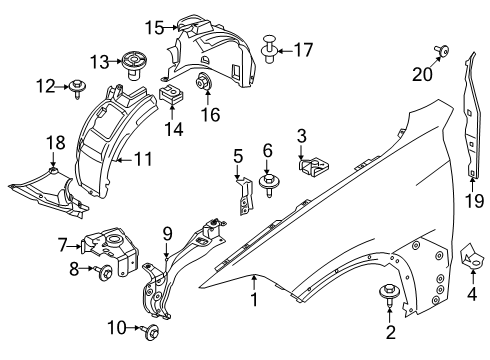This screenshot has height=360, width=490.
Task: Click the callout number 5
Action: (x=238, y=156)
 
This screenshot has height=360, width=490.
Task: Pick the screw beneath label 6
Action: (x=269, y=183)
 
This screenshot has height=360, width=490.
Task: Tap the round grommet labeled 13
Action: (x=131, y=63)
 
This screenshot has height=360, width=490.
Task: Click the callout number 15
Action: (x=153, y=26)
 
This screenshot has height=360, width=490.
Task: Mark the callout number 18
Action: (x=52, y=143)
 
